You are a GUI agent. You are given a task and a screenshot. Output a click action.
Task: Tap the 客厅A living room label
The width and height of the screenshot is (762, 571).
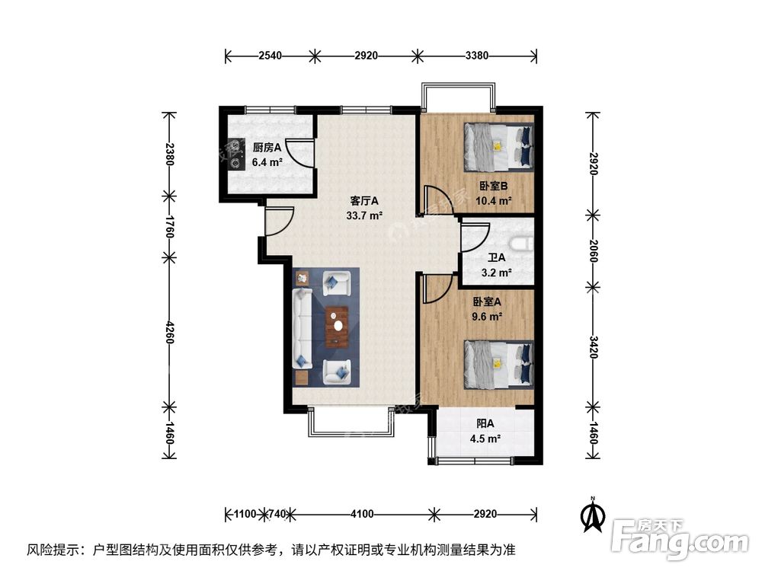[364, 201]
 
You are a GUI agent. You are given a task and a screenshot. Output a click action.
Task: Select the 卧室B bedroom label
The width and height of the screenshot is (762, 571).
[494, 187]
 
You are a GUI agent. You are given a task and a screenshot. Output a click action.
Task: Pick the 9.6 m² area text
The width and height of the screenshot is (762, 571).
[486, 316]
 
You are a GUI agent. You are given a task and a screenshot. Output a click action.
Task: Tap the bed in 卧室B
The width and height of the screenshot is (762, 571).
[499, 146]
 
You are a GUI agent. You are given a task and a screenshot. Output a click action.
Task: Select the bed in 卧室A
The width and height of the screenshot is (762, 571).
[499, 362]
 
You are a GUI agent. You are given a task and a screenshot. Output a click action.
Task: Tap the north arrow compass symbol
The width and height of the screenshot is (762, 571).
[593, 515]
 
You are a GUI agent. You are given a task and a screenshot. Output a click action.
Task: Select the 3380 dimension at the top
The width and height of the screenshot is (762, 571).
[477, 55]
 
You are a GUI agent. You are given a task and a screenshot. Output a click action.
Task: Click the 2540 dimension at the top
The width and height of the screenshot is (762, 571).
[271, 55]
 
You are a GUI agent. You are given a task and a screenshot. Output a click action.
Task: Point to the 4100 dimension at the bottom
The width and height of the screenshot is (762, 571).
[362, 514]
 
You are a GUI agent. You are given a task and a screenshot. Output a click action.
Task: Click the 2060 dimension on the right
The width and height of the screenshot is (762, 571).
[593, 249]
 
